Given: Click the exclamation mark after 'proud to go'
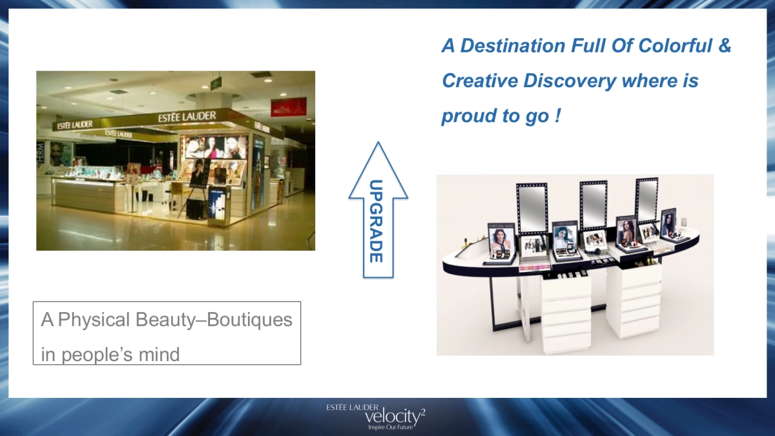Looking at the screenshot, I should pyautogui.click(x=557, y=116).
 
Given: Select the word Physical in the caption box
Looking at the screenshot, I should pyautogui.click(x=95, y=320).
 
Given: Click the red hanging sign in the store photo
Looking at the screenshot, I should pyautogui.click(x=288, y=107).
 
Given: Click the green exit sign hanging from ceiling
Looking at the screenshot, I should pyautogui.click(x=216, y=83).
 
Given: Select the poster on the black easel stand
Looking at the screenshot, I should pyautogui.click(x=199, y=172).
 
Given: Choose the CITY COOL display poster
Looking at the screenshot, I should pyautogui.click(x=563, y=236).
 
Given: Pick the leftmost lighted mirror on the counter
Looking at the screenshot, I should pyautogui.click(x=532, y=209).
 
